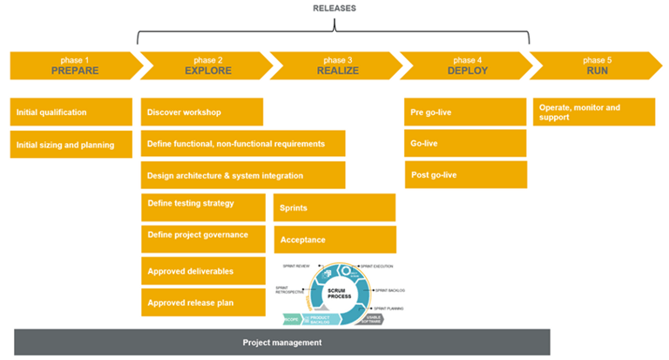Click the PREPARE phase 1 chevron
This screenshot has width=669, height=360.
[x=74, y=65]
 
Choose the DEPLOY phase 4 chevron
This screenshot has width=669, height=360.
[x=467, y=65]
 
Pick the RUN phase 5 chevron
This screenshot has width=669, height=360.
[x=596, y=65]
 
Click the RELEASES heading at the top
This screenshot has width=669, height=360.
[x=334, y=9]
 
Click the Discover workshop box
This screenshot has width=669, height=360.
[x=201, y=112]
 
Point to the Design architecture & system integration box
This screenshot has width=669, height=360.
[x=243, y=175]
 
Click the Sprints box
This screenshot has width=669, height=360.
[x=334, y=207]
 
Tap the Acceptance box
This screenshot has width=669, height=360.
[x=334, y=239]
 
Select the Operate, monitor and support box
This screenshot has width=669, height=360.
[x=594, y=112]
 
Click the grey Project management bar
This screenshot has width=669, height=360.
[x=282, y=342]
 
